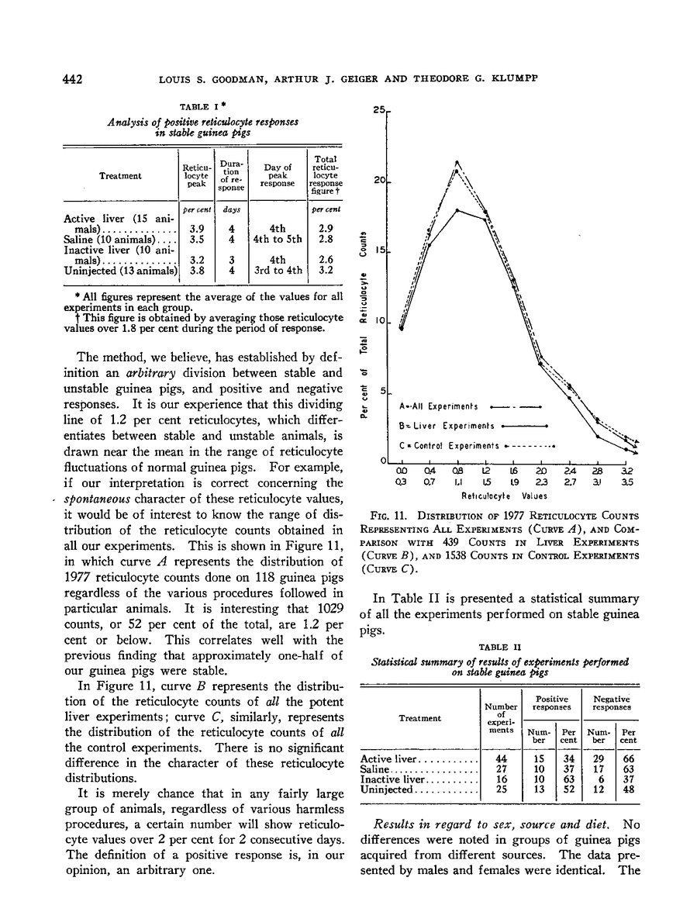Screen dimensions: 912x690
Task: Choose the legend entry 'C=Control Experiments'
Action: (x=449, y=446)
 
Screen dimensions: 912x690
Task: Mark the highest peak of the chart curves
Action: (x=457, y=162)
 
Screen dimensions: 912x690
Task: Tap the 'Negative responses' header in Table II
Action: (x=613, y=703)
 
